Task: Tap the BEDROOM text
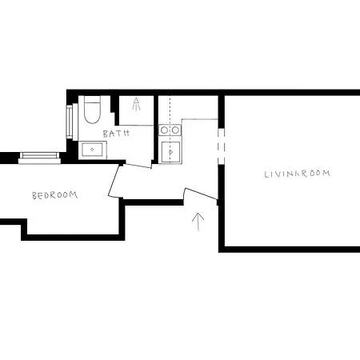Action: pyautogui.click(x=54, y=195)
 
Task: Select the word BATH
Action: pyautogui.click(x=116, y=134)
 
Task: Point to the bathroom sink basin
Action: pyautogui.click(x=90, y=149)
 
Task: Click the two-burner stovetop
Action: pyautogui.click(x=169, y=130)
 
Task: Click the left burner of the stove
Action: pyautogui.click(x=164, y=130)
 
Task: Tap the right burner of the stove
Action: pyautogui.click(x=174, y=130)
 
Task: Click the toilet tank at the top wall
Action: pyautogui.click(x=90, y=99)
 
